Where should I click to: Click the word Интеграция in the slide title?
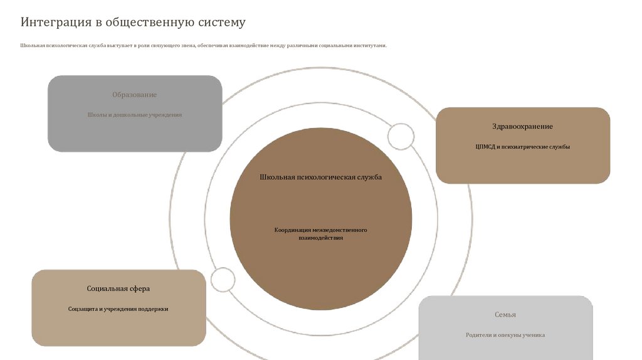pyautogui.click(x=56, y=23)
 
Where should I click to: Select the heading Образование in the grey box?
pyautogui.click(x=134, y=95)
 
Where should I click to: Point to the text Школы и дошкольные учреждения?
pyautogui.click(x=134, y=115)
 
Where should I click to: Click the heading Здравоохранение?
pyautogui.click(x=522, y=127)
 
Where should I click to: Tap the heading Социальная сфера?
pyautogui.click(x=118, y=289)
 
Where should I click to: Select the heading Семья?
pyautogui.click(x=505, y=315)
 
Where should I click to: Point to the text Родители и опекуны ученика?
pyautogui.click(x=505, y=335)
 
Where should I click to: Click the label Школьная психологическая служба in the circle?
pyautogui.click(x=320, y=177)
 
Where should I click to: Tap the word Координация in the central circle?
pyautogui.click(x=293, y=230)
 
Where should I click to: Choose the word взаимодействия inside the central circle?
pyautogui.click(x=320, y=238)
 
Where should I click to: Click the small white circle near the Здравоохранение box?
pyautogui.click(x=401, y=136)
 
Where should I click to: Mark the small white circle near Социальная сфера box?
pyautogui.click(x=223, y=280)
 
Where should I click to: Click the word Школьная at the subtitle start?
pyautogui.click(x=32, y=46)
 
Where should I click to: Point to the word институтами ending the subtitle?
pyautogui.click(x=370, y=46)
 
